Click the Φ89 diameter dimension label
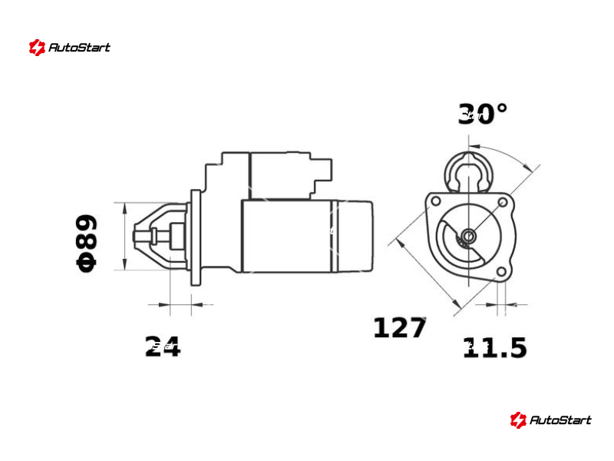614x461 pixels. (x=86, y=243)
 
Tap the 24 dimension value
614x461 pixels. (x=163, y=347)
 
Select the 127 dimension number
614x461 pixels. (x=399, y=327)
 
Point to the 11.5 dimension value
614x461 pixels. (x=495, y=347)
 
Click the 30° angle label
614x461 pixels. (x=483, y=114)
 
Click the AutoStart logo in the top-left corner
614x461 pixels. (x=70, y=48)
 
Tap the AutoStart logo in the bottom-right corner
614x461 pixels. (x=550, y=420)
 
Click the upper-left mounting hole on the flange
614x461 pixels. (x=435, y=201)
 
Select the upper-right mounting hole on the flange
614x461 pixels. (x=503, y=202)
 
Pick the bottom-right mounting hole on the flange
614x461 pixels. (x=502, y=272)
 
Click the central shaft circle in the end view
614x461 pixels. (x=469, y=236)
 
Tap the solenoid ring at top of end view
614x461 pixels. (x=469, y=172)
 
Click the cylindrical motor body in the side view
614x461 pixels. (x=306, y=236)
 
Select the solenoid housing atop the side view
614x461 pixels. (x=269, y=176)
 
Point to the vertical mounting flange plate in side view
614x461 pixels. (x=196, y=237)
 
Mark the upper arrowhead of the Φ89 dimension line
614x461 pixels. (x=125, y=208)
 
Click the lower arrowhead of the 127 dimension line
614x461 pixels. (x=456, y=303)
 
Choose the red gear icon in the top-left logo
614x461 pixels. (x=37, y=48)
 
